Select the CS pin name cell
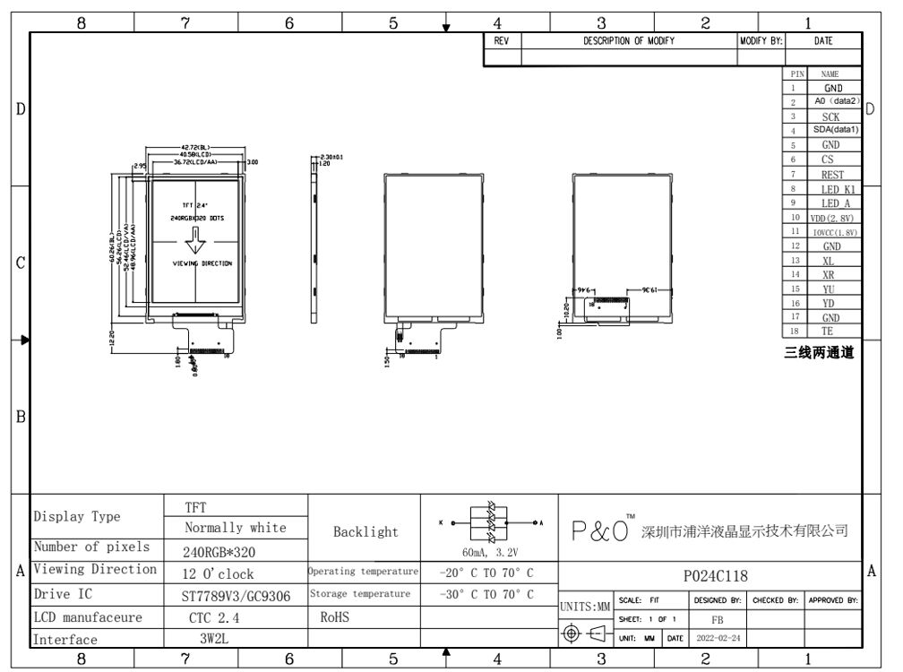tap(832, 159)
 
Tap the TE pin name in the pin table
tap(832, 331)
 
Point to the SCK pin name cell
tap(833, 116)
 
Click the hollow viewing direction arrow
tap(194, 240)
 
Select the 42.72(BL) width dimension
tap(194, 147)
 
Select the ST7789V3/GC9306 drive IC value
tap(236, 595)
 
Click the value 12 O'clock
tap(220, 574)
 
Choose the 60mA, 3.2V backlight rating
tap(489, 552)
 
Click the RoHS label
tap(334, 617)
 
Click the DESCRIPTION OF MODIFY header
tap(629, 40)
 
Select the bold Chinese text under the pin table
tap(819, 352)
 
